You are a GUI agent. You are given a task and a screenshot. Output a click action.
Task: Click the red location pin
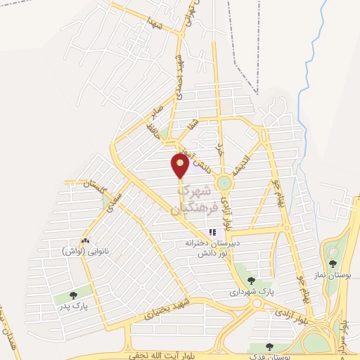click(180, 165)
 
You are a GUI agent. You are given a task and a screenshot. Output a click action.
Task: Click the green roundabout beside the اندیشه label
click(224, 183)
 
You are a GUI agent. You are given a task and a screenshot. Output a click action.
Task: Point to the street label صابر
click(156, 113)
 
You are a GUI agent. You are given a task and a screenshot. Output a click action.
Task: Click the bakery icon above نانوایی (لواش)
click(85, 241)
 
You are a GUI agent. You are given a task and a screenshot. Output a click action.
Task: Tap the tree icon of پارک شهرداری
click(251, 281)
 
